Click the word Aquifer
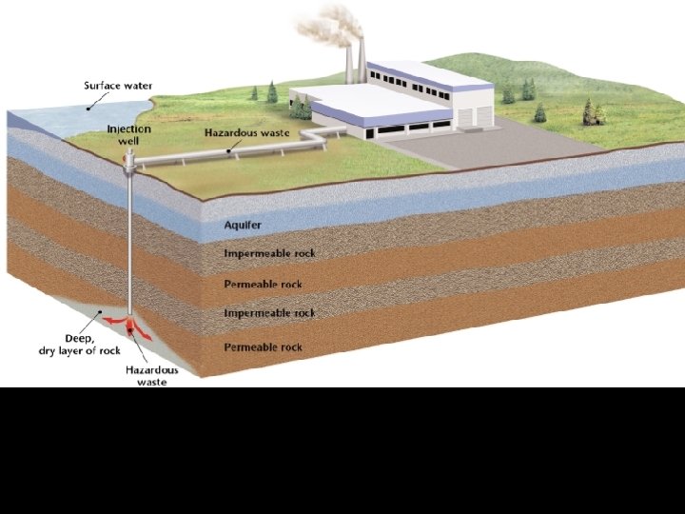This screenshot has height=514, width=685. tap(243, 226)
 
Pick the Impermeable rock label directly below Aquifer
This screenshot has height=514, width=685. tap(269, 254)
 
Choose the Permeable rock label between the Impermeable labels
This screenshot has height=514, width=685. tap(263, 284)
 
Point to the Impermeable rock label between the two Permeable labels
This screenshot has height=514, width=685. tap(269, 313)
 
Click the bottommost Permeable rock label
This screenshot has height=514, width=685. tap(263, 346)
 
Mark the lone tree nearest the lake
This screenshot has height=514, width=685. tap(272, 91)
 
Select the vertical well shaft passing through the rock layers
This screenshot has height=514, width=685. tap(129, 247)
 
